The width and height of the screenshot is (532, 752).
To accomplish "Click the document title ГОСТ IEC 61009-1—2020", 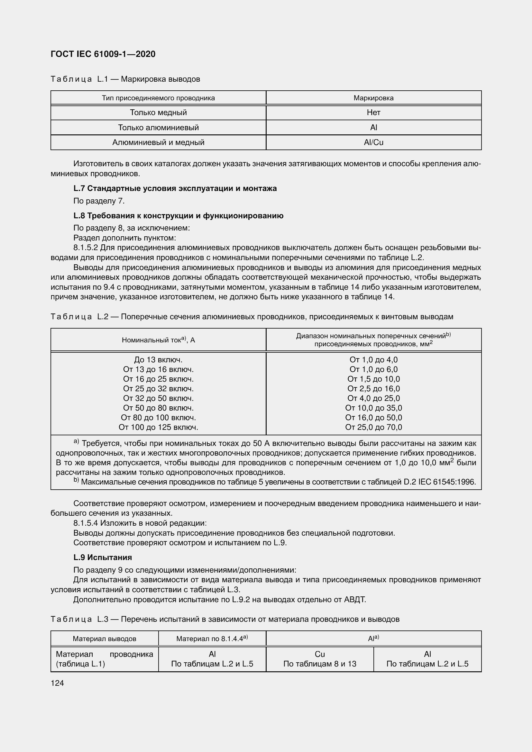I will [103, 54].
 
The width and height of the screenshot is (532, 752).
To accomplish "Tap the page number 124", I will [57, 683].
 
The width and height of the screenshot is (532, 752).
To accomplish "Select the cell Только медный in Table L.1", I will [158, 113].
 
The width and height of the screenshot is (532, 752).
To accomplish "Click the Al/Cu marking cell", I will [373, 142].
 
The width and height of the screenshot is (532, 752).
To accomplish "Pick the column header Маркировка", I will [373, 98].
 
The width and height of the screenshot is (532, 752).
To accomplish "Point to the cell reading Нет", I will [373, 113].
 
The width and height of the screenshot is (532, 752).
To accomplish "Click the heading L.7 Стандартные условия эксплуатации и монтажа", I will [175, 188].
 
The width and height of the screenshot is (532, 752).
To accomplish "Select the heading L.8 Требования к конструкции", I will [178, 215].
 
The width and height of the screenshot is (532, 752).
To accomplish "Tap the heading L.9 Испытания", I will [103, 557].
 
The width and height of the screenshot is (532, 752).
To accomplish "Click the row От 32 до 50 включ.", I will [158, 398].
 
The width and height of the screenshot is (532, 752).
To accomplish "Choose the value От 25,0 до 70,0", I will [373, 427].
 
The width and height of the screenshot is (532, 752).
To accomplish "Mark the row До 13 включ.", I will [158, 360].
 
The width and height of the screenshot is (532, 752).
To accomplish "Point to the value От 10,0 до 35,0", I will [373, 408].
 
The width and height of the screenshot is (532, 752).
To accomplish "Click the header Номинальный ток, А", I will [158, 340].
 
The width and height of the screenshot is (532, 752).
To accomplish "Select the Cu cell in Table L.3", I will [320, 654].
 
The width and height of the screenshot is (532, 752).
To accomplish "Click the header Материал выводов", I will [105, 639].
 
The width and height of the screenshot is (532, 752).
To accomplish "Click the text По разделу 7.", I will [99, 201].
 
